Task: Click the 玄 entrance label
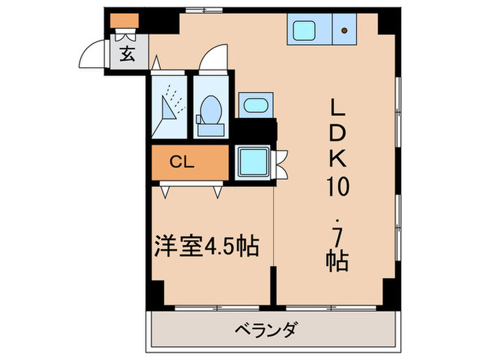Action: (128, 54)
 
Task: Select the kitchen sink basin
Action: (303, 29)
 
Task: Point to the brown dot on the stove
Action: (344, 29)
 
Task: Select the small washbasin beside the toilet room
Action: (254, 106)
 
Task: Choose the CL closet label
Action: (182, 163)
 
